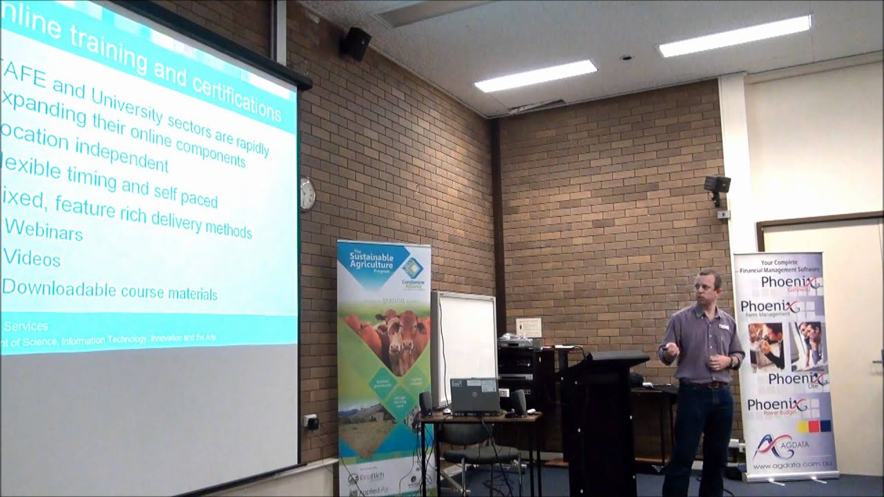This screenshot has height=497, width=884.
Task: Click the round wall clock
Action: coord(307,194)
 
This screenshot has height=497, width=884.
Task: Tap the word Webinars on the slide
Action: coord(44,229)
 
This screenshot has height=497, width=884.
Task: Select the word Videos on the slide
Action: coord(32,258)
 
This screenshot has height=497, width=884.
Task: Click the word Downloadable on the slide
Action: coord(59,288)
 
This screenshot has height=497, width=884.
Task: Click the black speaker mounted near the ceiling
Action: coord(356,43)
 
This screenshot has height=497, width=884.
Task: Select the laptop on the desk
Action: coord(474,395)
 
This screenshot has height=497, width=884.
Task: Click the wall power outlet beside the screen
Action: coord(311,421)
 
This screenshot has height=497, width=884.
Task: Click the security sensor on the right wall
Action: coord(718,186)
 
